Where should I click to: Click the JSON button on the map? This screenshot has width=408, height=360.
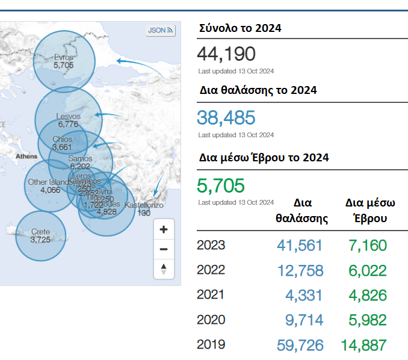pos(160,30)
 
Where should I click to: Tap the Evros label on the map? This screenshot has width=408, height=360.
pos(63,57)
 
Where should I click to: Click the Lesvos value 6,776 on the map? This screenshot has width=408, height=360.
pos(68,124)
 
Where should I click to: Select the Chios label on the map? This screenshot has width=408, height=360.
pos(63,139)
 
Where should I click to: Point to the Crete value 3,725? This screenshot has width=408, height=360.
pos(40,240)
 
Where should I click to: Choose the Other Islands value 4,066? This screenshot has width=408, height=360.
pos(50,190)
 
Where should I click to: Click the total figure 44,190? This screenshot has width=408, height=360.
pos(226,54)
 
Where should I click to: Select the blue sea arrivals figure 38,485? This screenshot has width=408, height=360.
pos(226,117)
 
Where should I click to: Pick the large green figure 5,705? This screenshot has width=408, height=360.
pos(221,185)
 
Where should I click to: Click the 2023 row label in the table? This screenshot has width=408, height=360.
pos(211,246)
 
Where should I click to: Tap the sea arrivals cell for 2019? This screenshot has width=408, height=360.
pos(300,345)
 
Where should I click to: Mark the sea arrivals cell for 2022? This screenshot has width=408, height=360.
pos(300,270)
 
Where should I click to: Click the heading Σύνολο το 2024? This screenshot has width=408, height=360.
pos(240,28)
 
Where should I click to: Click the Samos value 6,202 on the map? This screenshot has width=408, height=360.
pos(80,166)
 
